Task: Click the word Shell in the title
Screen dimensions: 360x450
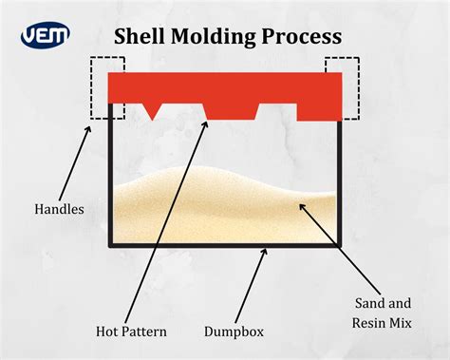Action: coord(141,37)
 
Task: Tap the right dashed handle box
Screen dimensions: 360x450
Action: coord(343,87)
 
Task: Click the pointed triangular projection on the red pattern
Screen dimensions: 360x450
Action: coord(152,106)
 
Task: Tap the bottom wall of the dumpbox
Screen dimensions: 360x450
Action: coord(225,246)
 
